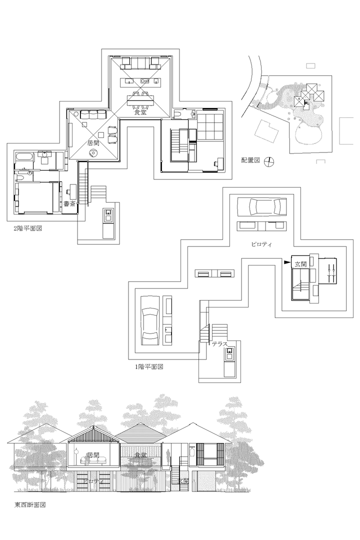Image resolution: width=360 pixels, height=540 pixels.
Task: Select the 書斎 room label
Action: tap(69, 203)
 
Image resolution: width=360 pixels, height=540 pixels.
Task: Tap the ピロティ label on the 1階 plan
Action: tap(261, 243)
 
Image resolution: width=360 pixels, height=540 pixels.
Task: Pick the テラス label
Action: tap(219, 344)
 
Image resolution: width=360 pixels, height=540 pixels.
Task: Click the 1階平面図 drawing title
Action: tap(149, 366)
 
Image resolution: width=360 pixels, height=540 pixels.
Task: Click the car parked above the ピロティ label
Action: tap(262, 206)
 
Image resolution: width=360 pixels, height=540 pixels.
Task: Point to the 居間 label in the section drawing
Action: tap(93, 455)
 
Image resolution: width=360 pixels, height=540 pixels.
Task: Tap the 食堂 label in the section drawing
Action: tap(140, 455)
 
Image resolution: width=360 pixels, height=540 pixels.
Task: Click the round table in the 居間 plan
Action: tap(93, 154)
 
